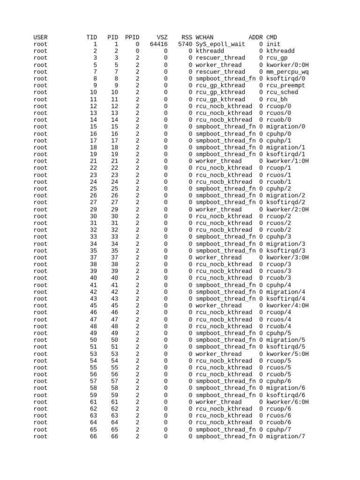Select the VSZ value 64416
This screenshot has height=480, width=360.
click(158, 44)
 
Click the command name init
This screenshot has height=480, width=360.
click(273, 44)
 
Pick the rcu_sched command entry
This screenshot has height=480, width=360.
click(282, 92)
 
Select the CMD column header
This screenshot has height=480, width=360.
click(271, 37)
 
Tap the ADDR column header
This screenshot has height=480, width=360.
click(255, 37)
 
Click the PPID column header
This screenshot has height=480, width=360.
click(132, 37)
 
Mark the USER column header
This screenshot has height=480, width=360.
click(40, 37)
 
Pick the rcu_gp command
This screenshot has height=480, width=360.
click(277, 58)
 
